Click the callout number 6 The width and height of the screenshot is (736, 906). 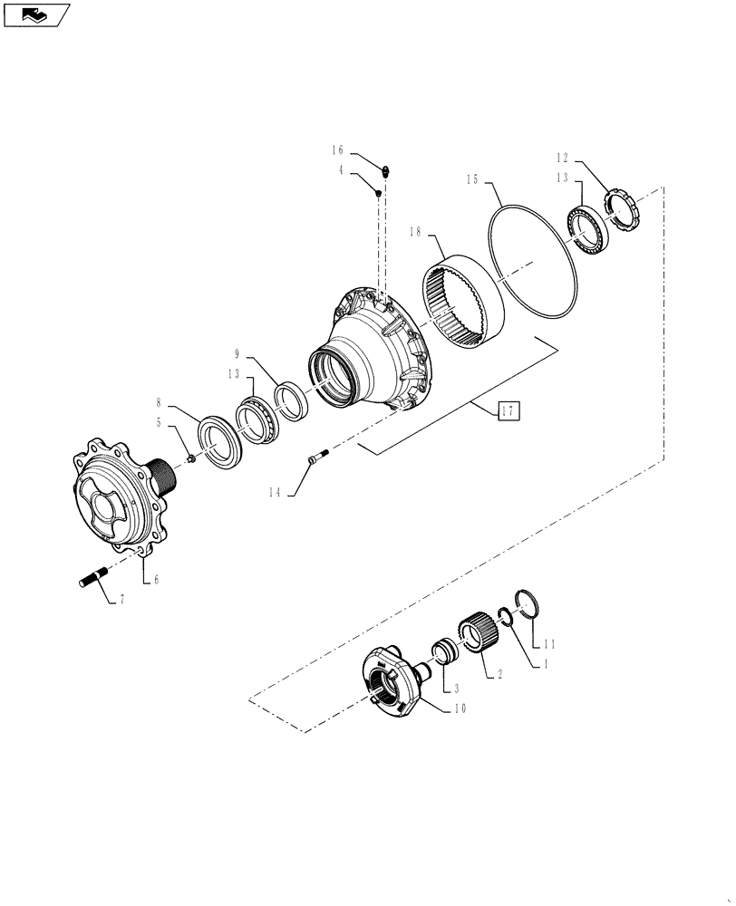[155, 579]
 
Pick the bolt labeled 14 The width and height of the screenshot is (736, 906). [313, 461]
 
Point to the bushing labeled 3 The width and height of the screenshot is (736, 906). [444, 653]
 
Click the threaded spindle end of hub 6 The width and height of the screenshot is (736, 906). [162, 476]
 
